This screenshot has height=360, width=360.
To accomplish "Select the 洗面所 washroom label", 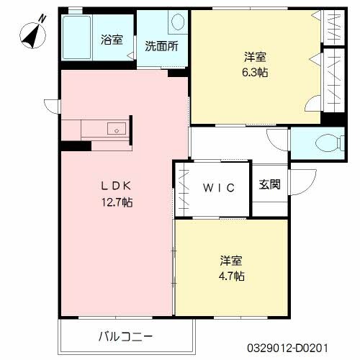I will click(x=161, y=47).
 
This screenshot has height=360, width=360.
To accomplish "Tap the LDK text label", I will click(x=115, y=186).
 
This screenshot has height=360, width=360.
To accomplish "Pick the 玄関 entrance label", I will click(x=269, y=184).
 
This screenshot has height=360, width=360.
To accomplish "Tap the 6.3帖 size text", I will click(x=256, y=72).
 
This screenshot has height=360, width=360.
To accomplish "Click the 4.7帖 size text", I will click(x=232, y=276).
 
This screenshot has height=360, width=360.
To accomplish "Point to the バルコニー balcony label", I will click(x=125, y=336).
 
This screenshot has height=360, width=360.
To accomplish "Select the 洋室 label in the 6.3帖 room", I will click(x=256, y=56).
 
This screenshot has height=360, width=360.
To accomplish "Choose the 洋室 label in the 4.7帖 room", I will click(x=232, y=260).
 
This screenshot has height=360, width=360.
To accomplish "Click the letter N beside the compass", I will click(x=41, y=23).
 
